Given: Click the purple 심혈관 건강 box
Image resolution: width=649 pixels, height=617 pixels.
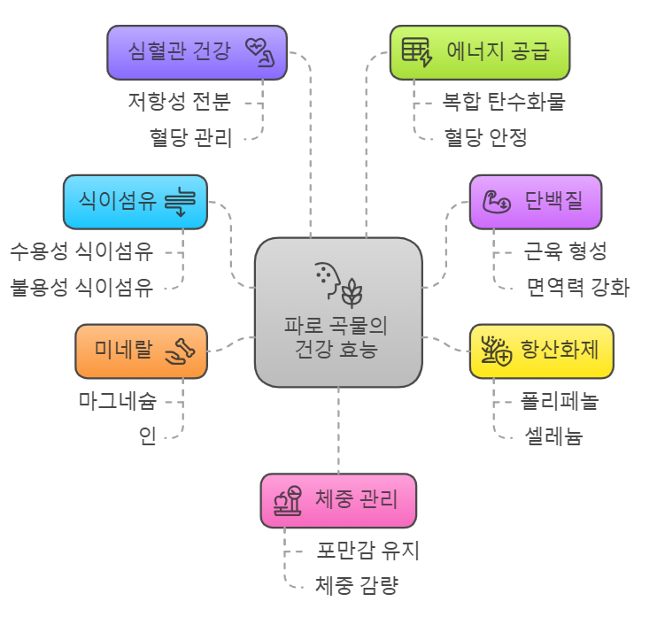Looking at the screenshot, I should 197,52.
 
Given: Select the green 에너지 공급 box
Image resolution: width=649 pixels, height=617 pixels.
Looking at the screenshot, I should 479,52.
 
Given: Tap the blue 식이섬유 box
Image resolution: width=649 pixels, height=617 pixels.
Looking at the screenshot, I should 135,202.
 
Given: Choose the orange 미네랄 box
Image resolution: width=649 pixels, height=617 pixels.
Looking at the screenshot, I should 141,351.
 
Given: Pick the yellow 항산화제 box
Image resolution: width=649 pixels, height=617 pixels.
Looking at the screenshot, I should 541,351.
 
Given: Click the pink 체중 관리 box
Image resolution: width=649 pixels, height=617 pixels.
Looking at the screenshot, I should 337,500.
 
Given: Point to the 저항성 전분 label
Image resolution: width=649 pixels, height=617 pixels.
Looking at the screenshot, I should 180,103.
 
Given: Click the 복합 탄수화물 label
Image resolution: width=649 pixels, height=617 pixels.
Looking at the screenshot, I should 504,102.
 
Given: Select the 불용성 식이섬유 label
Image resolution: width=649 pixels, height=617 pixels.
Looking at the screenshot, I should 81,287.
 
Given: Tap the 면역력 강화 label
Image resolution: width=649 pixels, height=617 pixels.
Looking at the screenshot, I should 577,287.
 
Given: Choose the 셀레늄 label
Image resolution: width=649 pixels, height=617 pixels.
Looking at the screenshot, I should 553,436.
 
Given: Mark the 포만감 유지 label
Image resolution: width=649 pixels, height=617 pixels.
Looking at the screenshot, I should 368,551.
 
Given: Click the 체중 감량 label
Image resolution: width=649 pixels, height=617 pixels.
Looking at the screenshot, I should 357,584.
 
